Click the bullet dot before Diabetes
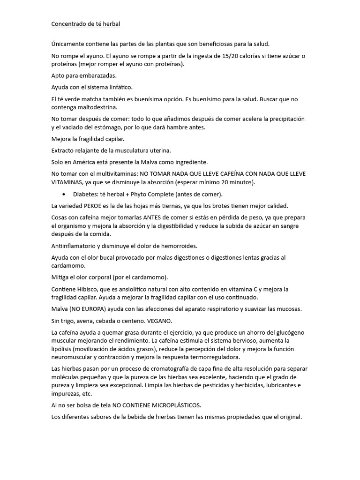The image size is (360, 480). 63,194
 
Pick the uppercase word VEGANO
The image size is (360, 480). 160,321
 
